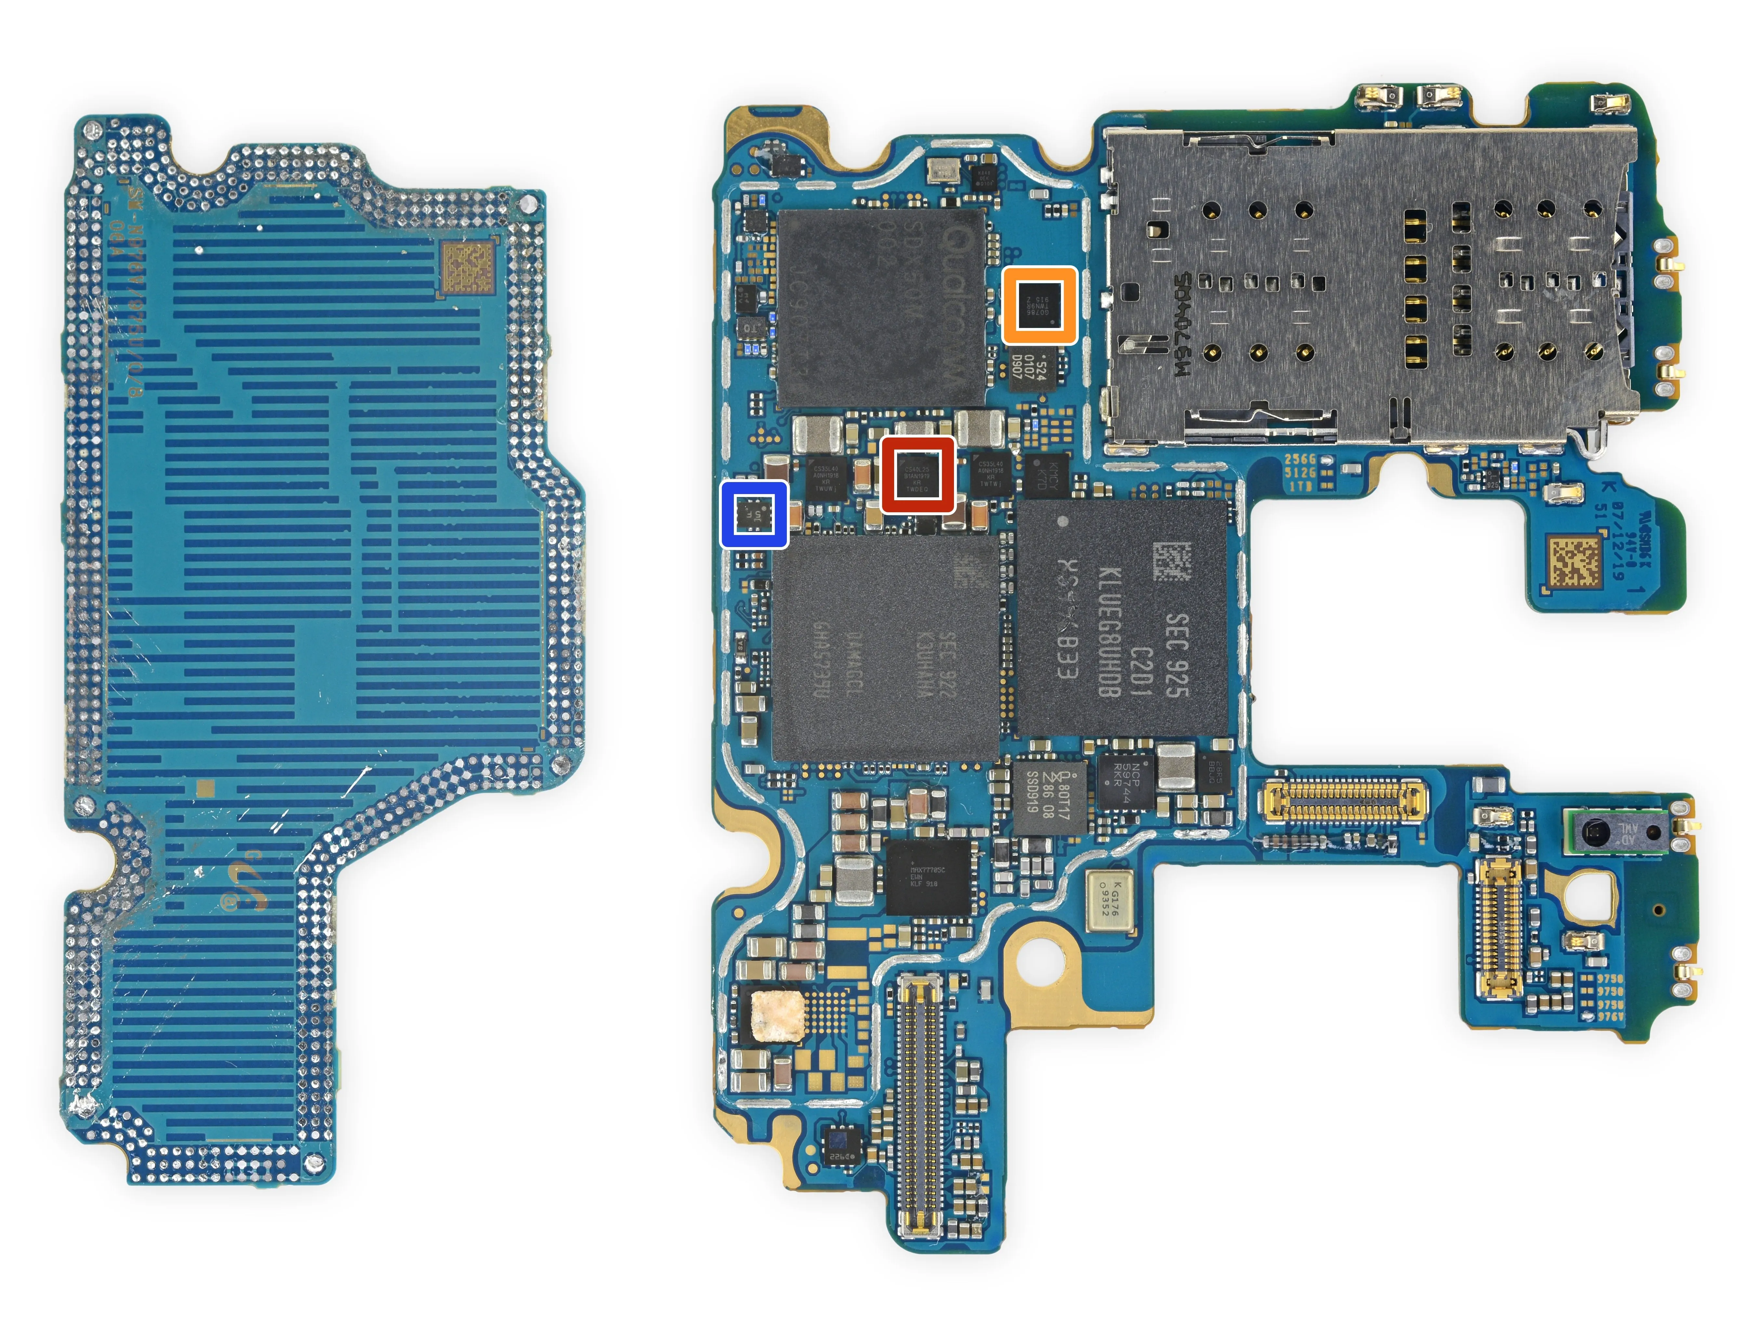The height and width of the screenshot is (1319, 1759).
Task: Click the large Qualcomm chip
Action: pyautogui.click(x=881, y=306)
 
